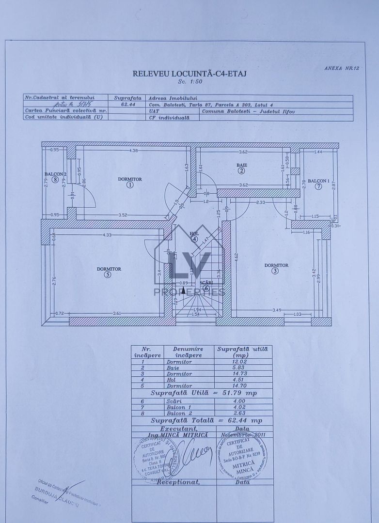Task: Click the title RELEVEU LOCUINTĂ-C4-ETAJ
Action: [189, 74]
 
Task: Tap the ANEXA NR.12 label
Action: [342, 68]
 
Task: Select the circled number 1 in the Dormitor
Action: [130, 185]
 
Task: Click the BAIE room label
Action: [242, 165]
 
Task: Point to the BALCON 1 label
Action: [318, 181]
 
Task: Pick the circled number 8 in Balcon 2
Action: [56, 180]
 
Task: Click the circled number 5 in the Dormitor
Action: [108, 275]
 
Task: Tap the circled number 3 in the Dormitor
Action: [275, 271]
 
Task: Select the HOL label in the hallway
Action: [194, 233]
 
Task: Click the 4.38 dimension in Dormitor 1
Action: [134, 151]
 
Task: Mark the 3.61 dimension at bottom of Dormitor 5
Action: [117, 313]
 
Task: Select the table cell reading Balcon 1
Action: [179, 407]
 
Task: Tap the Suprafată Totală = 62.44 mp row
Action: [201, 420]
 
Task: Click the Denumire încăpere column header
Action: [189, 352]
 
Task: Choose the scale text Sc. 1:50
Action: [189, 82]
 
